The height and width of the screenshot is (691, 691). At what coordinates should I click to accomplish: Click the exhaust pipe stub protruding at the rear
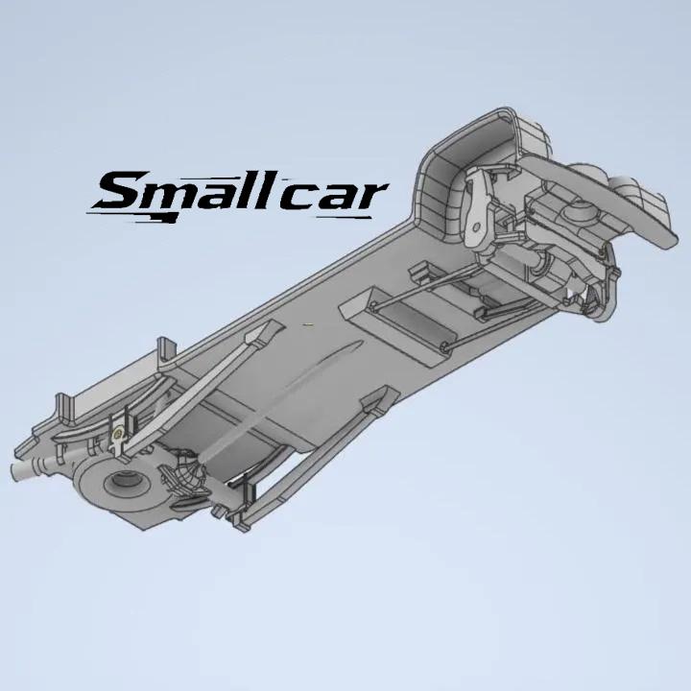coord(27,469)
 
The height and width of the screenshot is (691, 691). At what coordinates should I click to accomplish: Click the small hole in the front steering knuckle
coord(476,227)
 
